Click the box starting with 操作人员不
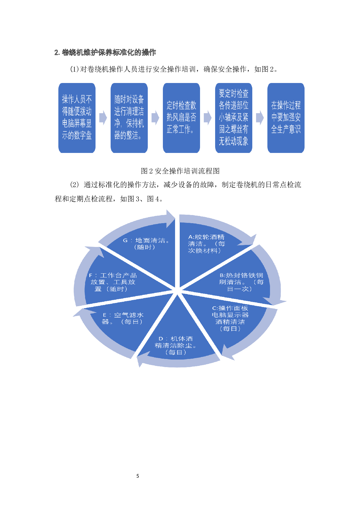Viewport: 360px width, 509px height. coord(77,118)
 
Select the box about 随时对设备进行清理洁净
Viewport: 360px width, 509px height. coord(129,118)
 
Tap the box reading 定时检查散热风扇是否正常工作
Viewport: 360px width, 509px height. coord(181,118)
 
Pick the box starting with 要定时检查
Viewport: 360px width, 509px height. coord(234,118)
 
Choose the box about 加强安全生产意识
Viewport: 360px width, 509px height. coord(286,118)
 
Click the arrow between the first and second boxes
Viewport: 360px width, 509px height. coord(103,118)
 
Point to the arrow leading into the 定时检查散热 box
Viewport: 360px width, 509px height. coord(155,118)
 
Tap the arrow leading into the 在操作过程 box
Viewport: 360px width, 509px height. coord(260,118)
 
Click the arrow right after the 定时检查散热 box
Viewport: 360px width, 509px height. coord(208,118)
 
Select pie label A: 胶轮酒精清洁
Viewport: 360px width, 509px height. coord(206,244)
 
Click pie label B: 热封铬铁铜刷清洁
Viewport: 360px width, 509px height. coord(241,282)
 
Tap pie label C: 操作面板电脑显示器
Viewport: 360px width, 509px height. coord(230,318)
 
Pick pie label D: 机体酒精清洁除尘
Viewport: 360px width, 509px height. coord(176,345)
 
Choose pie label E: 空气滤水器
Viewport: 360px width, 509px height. coord(123,318)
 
